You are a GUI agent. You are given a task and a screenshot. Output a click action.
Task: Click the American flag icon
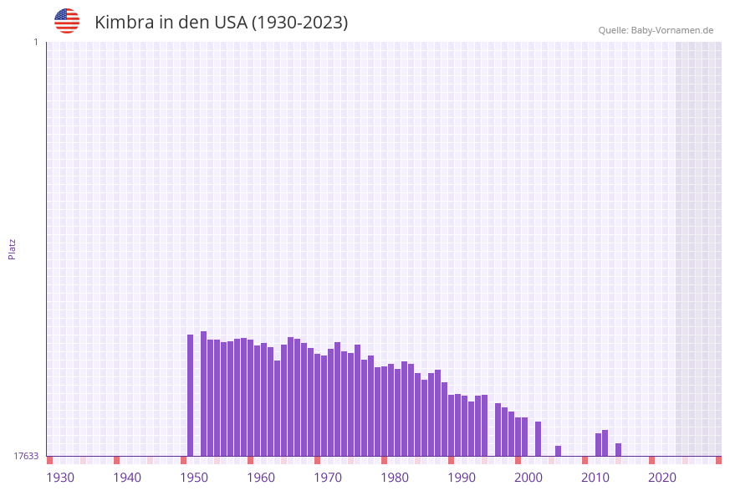coord(67,21)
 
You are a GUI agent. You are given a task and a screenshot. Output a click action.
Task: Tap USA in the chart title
coord(230,23)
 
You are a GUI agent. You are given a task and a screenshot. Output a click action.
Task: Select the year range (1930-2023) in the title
coord(299,23)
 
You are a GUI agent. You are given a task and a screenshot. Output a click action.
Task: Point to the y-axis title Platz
coord(12,249)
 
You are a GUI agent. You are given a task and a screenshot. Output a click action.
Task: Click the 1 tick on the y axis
coord(35,42)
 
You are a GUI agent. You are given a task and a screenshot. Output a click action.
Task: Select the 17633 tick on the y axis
coord(26,456)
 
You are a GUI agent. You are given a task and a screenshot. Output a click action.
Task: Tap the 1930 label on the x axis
coord(60,478)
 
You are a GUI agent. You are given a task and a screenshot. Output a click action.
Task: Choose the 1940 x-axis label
coord(127,478)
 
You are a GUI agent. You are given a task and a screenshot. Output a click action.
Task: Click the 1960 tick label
coord(261,478)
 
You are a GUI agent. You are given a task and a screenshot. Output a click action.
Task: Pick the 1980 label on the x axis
coord(395,478)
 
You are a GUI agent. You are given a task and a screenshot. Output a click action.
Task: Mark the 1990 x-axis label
coord(462,478)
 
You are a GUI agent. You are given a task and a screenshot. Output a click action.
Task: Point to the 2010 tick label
coord(595,478)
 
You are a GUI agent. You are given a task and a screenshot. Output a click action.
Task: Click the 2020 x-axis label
coord(662,478)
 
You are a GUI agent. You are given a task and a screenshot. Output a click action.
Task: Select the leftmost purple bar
coord(190,395)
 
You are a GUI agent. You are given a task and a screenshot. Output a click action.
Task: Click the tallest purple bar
coord(203,393)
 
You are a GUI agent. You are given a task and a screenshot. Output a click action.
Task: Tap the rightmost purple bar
coord(618,450)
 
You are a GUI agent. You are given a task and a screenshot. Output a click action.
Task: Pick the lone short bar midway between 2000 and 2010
coord(558,451)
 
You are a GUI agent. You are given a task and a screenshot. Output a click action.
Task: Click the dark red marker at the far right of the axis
coord(718,460)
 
